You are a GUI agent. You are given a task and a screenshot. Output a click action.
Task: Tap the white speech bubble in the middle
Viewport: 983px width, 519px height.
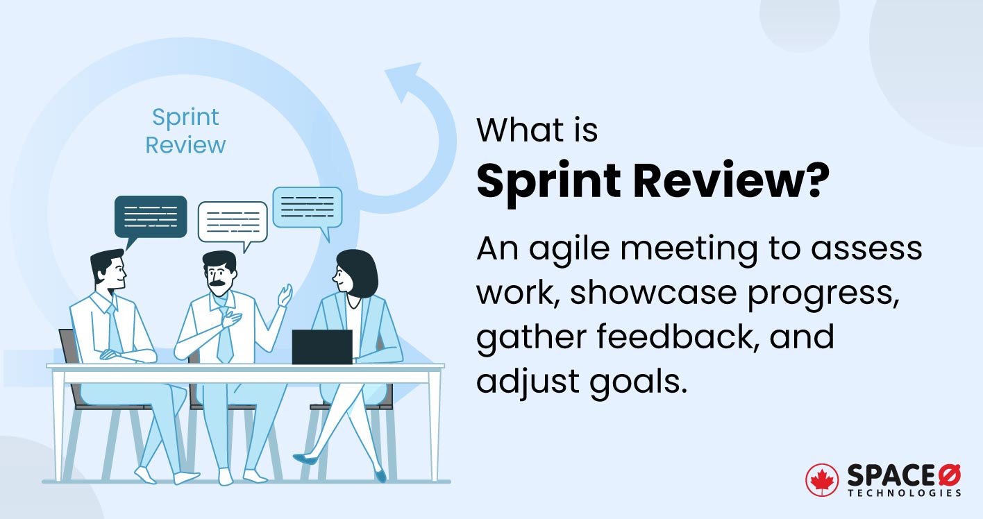tap(232, 221)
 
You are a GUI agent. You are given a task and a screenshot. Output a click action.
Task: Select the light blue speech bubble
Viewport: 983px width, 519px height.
tap(307, 207)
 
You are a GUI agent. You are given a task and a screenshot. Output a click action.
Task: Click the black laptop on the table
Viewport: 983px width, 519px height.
tap(321, 346)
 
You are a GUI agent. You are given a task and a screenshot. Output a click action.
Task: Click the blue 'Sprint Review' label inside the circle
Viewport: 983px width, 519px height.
tap(186, 130)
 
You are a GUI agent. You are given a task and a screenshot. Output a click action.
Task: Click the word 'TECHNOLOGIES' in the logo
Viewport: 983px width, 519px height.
tap(904, 493)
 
